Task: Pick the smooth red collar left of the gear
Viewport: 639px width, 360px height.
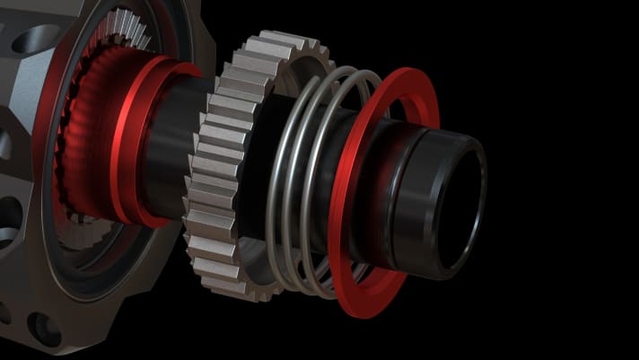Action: click(x=135, y=144)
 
